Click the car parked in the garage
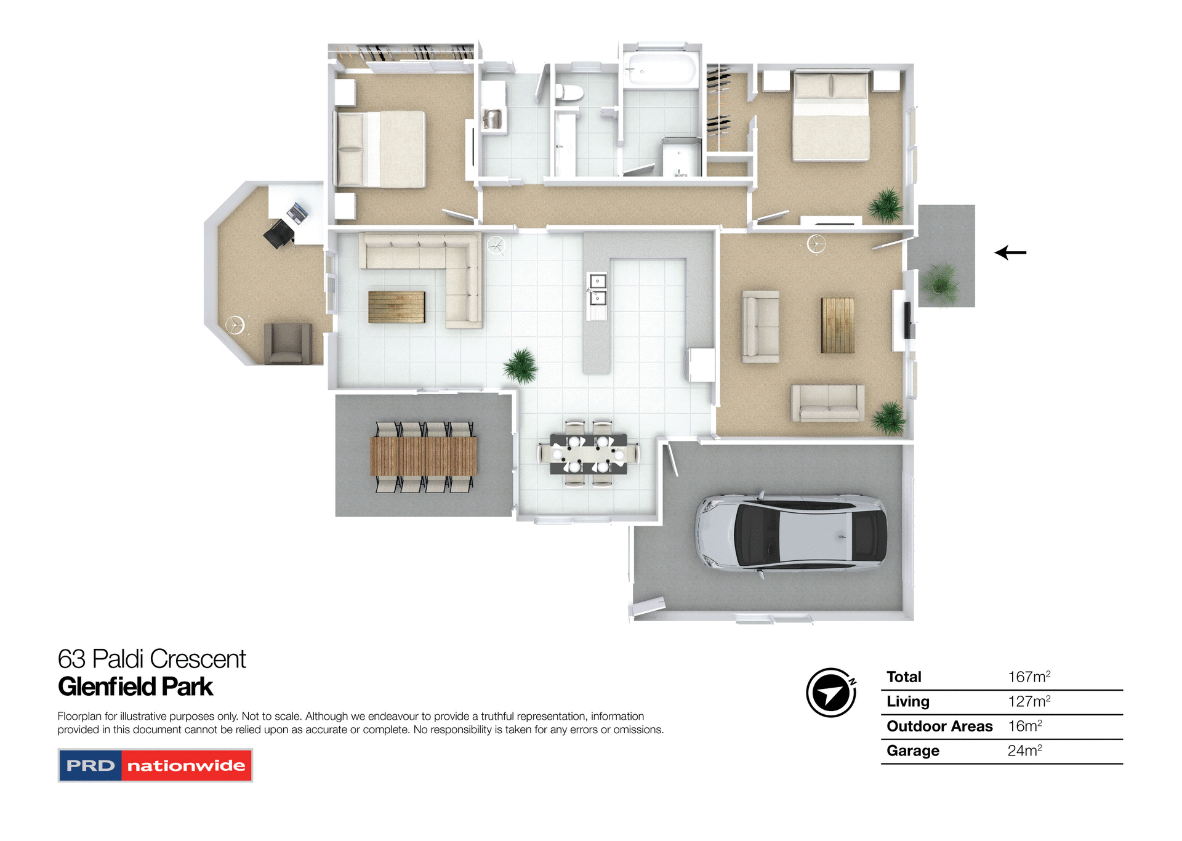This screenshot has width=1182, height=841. click(x=791, y=531)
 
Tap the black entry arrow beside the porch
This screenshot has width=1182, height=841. click(x=1010, y=252)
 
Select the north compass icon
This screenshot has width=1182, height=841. click(x=831, y=693)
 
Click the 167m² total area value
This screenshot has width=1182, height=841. click(x=1029, y=677)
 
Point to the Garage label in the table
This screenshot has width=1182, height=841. click(x=912, y=750)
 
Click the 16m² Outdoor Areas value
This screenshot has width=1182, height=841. click(x=1024, y=726)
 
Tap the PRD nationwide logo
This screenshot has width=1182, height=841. click(x=155, y=765)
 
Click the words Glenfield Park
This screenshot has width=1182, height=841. click(x=135, y=686)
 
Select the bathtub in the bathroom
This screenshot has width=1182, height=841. click(x=660, y=69)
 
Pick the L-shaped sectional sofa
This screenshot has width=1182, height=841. click(x=431, y=265)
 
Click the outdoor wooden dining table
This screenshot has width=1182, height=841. click(x=424, y=456)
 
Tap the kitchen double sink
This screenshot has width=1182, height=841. click(x=597, y=289)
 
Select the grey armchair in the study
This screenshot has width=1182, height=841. click(x=287, y=344)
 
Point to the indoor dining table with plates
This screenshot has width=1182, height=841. click(x=589, y=454)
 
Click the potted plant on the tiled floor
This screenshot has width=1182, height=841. click(x=521, y=366)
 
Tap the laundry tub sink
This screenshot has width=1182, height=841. click(x=492, y=119)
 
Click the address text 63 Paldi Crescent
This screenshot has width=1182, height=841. click(x=151, y=659)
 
